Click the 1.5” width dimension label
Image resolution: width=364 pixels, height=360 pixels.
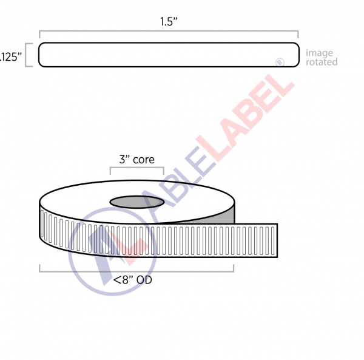(x=168, y=22)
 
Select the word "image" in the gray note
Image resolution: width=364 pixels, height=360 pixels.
(x=319, y=53)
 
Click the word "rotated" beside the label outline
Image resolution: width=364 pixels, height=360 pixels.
(x=322, y=62)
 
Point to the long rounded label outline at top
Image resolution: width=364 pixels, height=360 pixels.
(x=169, y=55)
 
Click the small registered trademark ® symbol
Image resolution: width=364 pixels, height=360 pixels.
(x=280, y=61)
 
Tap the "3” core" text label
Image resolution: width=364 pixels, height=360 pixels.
(x=136, y=160)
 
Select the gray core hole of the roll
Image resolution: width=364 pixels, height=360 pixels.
(x=136, y=202)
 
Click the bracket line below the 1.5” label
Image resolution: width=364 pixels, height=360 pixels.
(x=169, y=32)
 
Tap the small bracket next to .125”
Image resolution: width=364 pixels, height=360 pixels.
(x=29, y=55)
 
